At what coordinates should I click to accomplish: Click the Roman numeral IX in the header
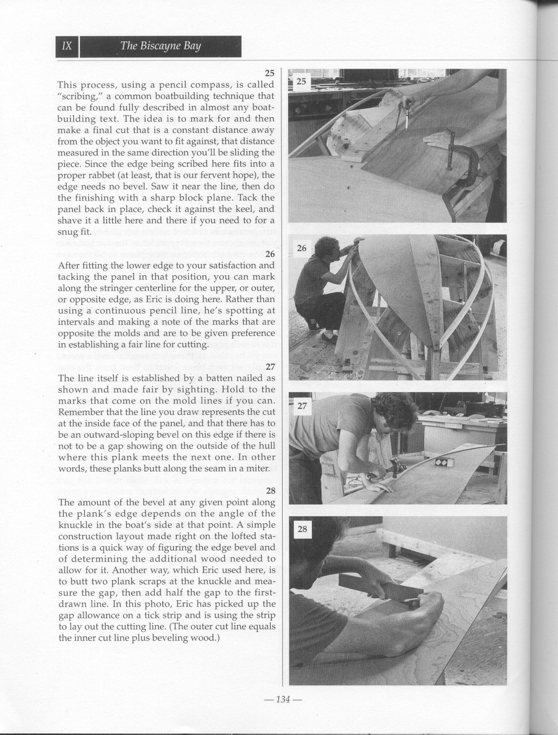[67, 46]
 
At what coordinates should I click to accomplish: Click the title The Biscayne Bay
[161, 46]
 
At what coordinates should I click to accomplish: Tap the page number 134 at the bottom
[283, 699]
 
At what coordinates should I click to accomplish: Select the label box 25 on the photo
[301, 81]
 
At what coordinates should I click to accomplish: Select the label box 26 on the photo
[302, 248]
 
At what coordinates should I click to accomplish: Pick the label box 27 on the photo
[302, 406]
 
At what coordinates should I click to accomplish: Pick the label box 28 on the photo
[302, 529]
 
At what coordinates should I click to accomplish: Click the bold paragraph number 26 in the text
[270, 254]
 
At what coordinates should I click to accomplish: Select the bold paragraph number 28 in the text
[271, 491]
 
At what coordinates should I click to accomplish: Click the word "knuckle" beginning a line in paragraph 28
[74, 525]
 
